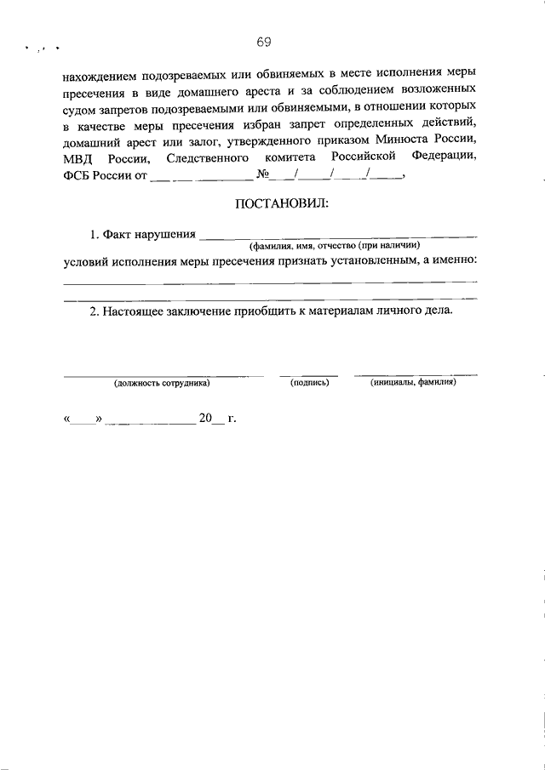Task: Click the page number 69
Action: coord(263,42)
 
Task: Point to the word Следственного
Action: coord(208,158)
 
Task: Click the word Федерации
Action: coord(443,158)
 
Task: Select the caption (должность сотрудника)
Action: coord(162,383)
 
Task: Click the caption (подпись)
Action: coord(309,383)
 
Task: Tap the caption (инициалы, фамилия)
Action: coord(413,383)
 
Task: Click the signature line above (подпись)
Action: coord(309,374)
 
